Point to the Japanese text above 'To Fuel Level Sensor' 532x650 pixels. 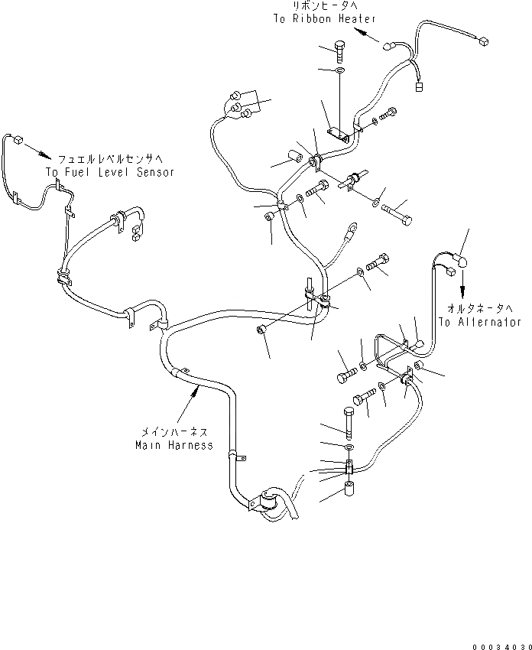(x=109, y=159)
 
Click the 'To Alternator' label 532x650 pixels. (x=480, y=322)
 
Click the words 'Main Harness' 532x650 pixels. (x=174, y=445)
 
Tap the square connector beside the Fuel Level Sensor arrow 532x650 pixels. (x=17, y=139)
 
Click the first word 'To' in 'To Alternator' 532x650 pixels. (x=446, y=322)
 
